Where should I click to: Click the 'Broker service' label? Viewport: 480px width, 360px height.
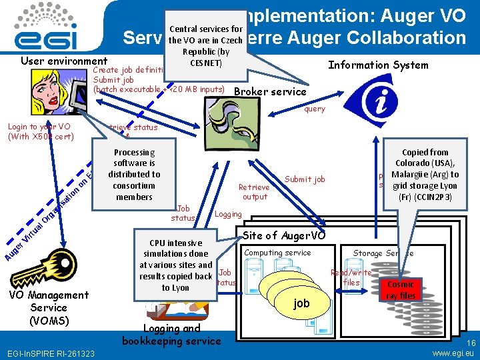tap(271, 92)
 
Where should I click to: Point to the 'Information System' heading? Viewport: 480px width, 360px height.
tap(378, 65)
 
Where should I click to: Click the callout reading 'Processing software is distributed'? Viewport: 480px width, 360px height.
tap(134, 175)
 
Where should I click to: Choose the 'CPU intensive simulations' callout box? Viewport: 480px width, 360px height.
tap(175, 265)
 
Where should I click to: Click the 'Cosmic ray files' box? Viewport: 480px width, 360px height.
tap(401, 290)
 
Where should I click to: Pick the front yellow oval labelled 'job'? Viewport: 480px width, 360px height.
tap(302, 303)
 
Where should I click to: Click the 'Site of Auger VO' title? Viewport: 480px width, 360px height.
tap(284, 235)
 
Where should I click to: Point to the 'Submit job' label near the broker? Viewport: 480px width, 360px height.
tap(305, 179)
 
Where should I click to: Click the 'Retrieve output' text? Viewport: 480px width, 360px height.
tap(255, 192)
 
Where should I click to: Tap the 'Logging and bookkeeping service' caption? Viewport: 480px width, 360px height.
tap(171, 335)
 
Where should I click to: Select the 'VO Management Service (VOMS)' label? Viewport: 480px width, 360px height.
tap(49, 307)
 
